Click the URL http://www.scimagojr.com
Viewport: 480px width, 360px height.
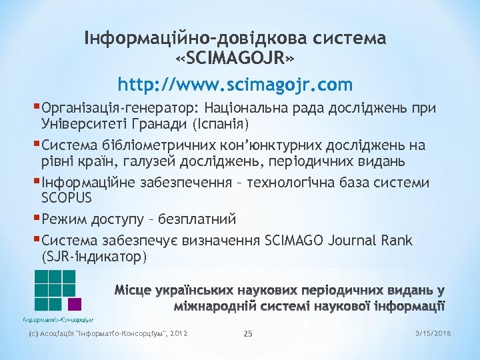pos(235,85)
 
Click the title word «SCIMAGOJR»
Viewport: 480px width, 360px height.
pos(235,61)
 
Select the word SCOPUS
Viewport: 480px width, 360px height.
pos(67,198)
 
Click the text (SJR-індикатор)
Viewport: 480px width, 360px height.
pos(93,256)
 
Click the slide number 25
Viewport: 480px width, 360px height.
pos(248,333)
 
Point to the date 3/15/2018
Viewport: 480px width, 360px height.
pos(433,333)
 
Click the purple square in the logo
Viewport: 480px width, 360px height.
pos(75,304)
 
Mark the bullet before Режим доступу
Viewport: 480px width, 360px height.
pos(37,217)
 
